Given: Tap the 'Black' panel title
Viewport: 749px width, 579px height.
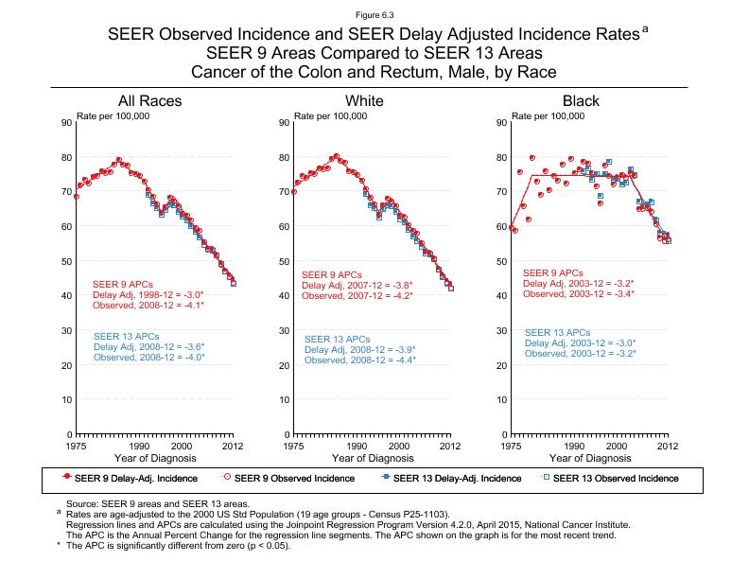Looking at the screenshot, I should tap(581, 101).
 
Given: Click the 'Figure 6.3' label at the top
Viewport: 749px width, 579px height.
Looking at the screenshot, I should tap(374, 16).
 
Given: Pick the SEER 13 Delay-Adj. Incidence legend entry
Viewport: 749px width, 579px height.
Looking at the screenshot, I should tap(449, 479).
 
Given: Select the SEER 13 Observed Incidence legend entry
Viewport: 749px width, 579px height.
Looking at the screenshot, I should tap(615, 479).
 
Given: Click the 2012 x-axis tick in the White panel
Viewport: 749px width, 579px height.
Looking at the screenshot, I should tap(451, 446).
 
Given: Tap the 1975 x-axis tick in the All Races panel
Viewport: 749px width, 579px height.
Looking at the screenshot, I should tap(77, 446).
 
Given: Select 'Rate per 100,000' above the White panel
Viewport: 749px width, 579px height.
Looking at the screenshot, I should tap(331, 115).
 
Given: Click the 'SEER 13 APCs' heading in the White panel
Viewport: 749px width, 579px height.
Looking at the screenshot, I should tap(338, 340).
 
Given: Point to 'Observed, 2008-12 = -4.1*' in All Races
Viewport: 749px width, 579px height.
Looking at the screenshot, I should tap(148, 306).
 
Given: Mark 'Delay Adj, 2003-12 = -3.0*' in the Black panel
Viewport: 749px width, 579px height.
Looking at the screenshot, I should tap(580, 343).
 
